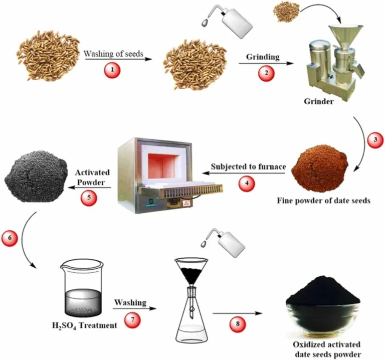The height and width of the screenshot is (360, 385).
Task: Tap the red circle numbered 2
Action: [266, 73]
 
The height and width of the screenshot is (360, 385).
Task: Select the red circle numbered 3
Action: [372, 141]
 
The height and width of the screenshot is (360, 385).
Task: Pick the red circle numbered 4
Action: [245, 184]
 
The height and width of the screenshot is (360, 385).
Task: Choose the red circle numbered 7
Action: [128, 319]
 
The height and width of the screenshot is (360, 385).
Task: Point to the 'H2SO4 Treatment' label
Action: [84, 325]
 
